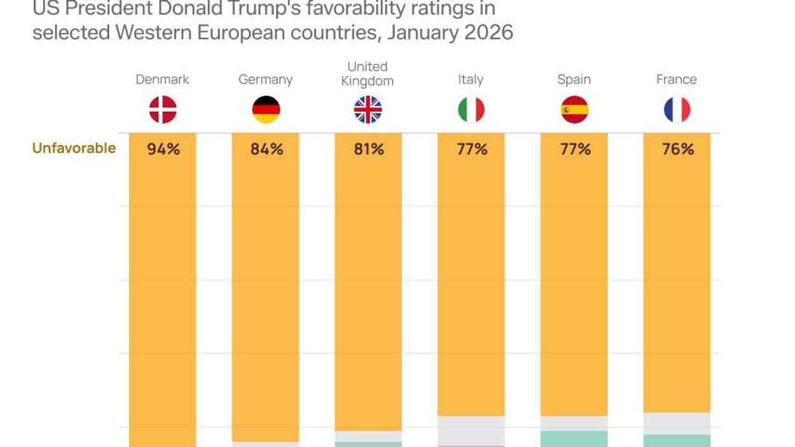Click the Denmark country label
(162, 79)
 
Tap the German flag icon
(266, 110)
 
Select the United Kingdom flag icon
(368, 110)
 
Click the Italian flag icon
(471, 110)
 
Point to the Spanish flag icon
(574, 110)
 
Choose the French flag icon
(677, 110)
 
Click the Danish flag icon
(163, 110)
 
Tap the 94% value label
(163, 149)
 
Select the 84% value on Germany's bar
(266, 149)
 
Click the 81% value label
(369, 149)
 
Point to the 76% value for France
(678, 149)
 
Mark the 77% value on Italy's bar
(472, 149)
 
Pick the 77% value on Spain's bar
(575, 149)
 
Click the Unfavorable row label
(74, 148)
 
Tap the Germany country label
(266, 79)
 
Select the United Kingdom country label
(367, 73)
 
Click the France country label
(676, 79)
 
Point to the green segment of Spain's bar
(574, 439)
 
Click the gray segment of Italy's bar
(471, 430)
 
